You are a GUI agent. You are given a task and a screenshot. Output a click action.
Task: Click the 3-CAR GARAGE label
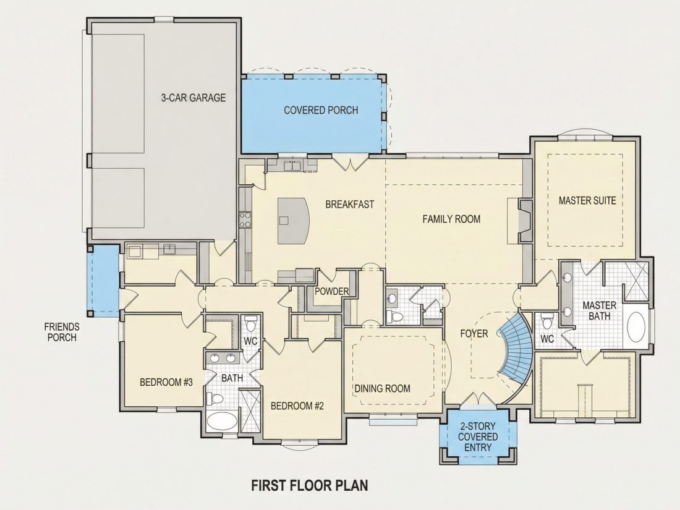pos(193,98)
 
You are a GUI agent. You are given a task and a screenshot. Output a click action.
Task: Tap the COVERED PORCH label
pos(321,110)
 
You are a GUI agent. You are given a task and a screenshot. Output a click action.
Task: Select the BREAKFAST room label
pos(349,204)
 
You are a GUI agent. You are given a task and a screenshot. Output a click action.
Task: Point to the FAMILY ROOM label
pos(451,219)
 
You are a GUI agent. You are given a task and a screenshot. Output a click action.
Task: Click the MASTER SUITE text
pos(587,200)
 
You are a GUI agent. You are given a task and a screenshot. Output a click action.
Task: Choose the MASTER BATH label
pos(600,310)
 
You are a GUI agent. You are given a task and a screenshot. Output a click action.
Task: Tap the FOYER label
pos(474,333)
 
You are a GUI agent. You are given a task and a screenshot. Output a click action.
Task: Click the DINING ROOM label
pos(383,388)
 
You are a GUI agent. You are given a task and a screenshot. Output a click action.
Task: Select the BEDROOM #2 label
pos(297,406)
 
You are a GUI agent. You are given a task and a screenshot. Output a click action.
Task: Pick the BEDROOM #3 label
pos(166,382)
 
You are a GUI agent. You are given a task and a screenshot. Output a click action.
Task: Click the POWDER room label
pos(332,291)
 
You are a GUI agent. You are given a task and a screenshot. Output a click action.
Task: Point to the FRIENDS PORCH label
pos(62,332)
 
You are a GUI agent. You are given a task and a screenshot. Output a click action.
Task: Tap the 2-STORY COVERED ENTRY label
pos(478,436)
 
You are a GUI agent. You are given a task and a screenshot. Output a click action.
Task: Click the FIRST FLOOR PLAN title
pos(310,485)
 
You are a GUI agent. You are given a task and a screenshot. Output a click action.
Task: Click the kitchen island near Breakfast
pos(293,221)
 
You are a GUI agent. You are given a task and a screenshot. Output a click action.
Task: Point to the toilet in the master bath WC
pos(546,322)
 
